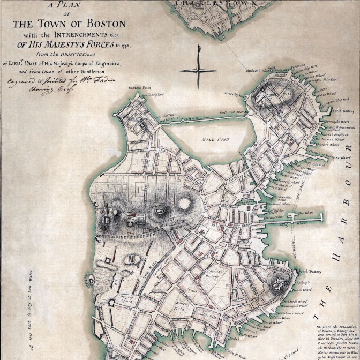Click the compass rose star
[x=198, y=70]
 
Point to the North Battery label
[x=343, y=111]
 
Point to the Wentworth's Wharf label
[x=283, y=197]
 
